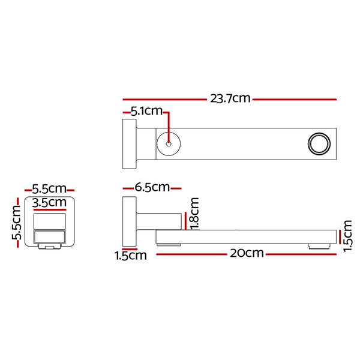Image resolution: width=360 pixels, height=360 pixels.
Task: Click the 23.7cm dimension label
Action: [x=230, y=98]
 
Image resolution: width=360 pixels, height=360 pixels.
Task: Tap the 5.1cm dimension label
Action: [x=147, y=111]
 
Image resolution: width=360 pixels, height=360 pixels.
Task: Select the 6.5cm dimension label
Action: [x=152, y=187]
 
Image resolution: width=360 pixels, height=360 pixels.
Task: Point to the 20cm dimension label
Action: [x=247, y=253]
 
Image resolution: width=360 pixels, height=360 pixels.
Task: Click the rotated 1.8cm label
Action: [x=194, y=213]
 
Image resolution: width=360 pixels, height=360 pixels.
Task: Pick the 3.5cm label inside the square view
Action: [x=49, y=203]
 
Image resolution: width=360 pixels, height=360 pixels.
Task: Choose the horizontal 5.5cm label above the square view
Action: [x=49, y=189]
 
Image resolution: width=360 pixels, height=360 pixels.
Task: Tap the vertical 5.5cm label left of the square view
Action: [x=17, y=223]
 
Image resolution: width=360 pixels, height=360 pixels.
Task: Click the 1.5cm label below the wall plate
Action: [x=131, y=256]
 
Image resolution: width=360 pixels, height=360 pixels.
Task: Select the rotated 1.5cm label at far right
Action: [x=347, y=236]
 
